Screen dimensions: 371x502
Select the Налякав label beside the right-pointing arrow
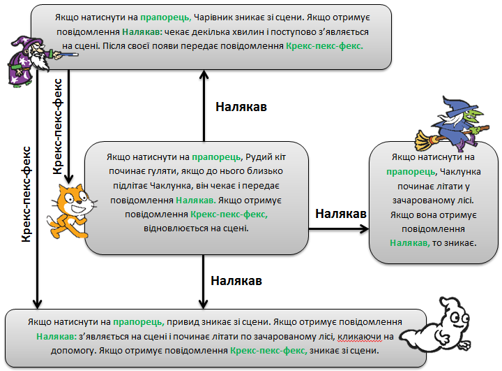[341, 212]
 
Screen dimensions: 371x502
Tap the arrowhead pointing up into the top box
[204, 75]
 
